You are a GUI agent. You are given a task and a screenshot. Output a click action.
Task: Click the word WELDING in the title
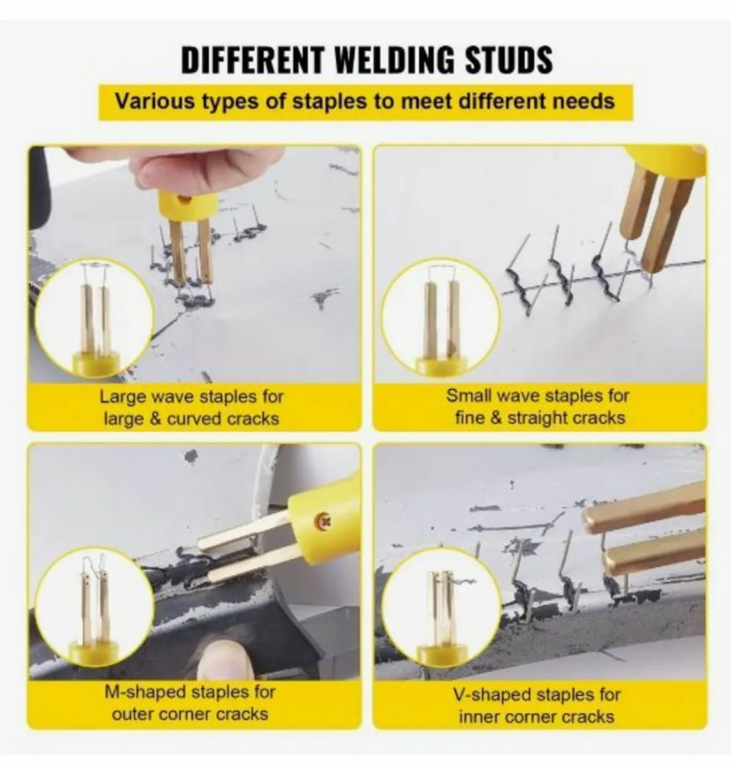coord(395,60)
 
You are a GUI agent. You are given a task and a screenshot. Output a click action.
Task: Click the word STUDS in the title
coord(509,60)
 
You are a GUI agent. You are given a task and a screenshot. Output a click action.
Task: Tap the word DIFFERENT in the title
coord(253,60)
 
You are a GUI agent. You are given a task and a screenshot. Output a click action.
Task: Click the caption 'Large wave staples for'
coord(192,397)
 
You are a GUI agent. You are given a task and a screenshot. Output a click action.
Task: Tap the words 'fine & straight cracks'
coord(540,418)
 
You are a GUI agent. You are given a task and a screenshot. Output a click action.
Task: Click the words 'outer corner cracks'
coord(190,714)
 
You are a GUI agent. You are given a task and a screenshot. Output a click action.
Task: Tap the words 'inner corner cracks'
coord(536,717)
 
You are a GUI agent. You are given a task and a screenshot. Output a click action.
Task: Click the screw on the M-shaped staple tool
coord(324,519)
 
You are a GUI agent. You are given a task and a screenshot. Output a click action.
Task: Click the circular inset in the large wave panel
coord(94,319)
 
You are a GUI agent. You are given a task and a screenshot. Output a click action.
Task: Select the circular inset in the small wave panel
coord(441,317)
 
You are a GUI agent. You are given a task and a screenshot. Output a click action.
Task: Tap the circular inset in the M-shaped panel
coord(94,607)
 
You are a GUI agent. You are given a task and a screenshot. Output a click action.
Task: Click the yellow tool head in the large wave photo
coord(188,205)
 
